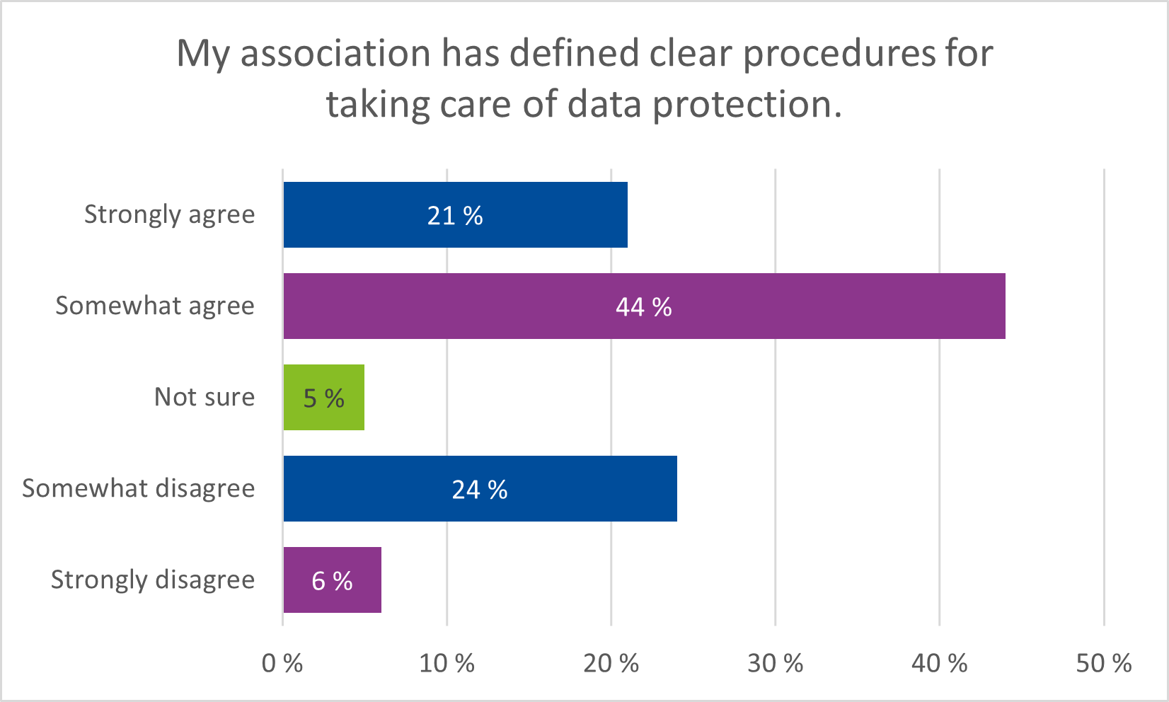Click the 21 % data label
pos(455,216)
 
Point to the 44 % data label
pos(643,307)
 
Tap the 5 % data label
pos(324,398)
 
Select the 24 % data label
pos(480,490)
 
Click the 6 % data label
pos(332,581)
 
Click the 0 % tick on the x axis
pos(282,663)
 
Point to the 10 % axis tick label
pos(447,663)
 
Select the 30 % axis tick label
pos(776,663)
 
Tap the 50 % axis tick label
pos(1104,663)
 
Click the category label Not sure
pos(205,397)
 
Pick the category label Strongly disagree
pos(153,580)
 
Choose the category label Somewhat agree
pos(155,306)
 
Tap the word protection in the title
pos(747,105)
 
